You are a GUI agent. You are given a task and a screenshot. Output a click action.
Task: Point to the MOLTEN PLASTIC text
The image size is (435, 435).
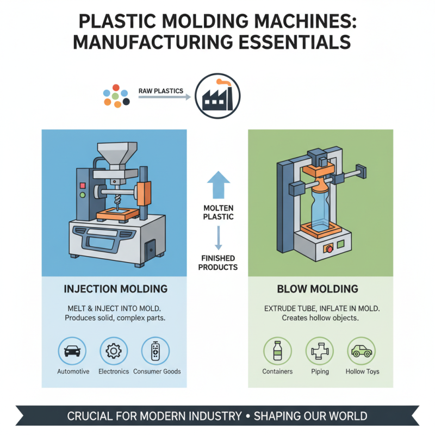tap(219, 212)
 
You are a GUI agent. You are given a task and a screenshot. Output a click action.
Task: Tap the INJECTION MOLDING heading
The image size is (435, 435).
tap(115, 288)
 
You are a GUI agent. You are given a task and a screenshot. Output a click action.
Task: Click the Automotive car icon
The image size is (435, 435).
tap(72, 351)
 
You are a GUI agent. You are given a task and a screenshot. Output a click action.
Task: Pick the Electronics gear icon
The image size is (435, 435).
tap(114, 351)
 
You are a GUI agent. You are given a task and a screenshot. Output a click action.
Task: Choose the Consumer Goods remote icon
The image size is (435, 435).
tap(155, 351)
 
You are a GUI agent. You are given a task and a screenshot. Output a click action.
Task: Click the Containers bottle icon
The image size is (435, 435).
tap(277, 351)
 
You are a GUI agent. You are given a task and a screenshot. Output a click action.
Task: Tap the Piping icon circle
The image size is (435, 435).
tap(320, 351)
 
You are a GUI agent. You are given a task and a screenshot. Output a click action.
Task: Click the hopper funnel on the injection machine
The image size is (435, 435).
tap(116, 154)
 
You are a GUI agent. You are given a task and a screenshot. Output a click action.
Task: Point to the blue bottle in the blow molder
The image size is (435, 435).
tap(320, 204)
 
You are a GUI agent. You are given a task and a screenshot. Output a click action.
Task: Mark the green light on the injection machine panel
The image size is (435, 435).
tap(83, 193)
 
